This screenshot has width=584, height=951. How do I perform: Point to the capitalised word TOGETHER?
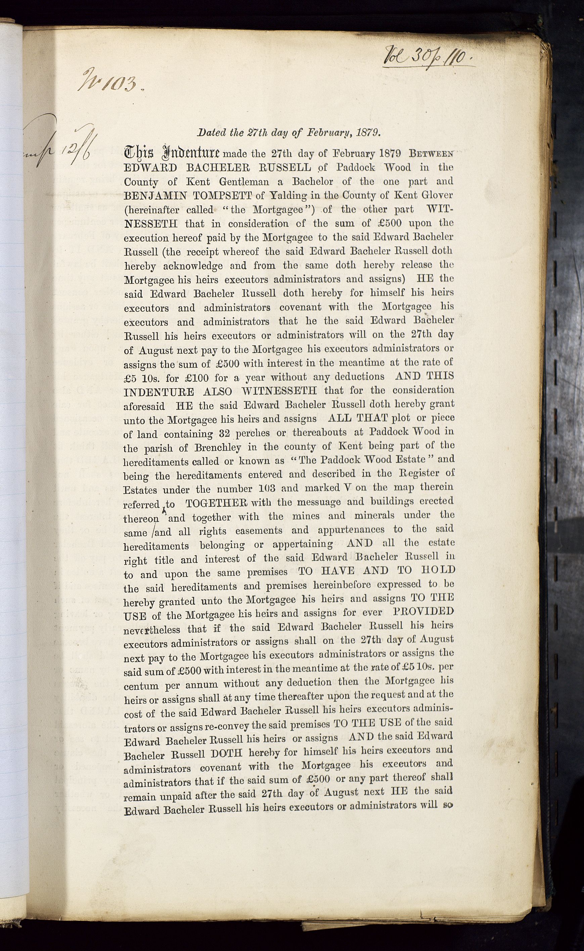click(216, 503)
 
